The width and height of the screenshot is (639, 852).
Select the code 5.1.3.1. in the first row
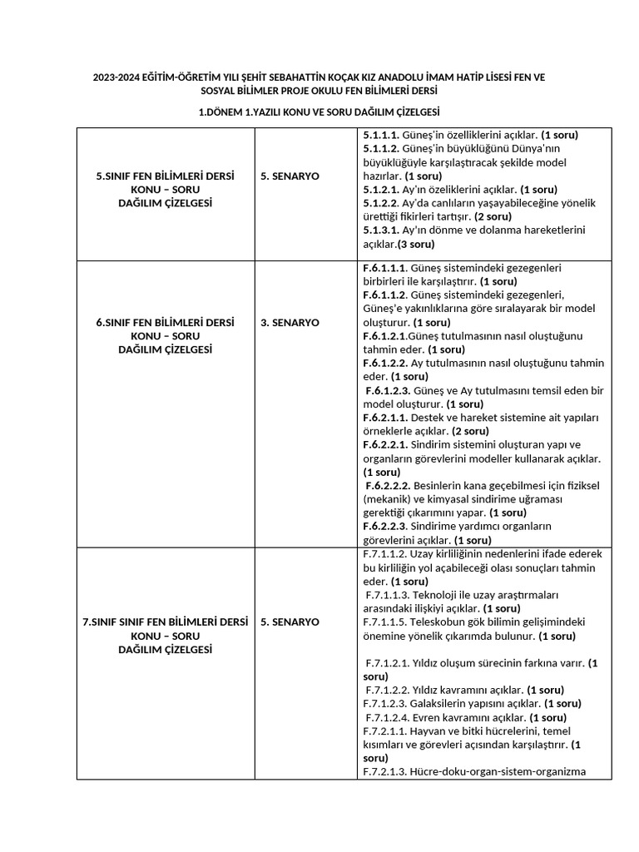coord(380,230)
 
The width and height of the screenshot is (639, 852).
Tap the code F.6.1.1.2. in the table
coord(385,295)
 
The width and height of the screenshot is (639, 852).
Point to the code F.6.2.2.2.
coord(388,485)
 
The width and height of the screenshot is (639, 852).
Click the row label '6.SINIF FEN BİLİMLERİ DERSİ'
coord(166,322)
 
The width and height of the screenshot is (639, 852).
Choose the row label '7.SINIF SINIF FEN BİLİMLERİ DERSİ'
coord(166,622)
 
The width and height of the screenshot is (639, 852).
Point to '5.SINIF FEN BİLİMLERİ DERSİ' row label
coord(166,176)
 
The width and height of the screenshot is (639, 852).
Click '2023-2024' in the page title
coord(117,77)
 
